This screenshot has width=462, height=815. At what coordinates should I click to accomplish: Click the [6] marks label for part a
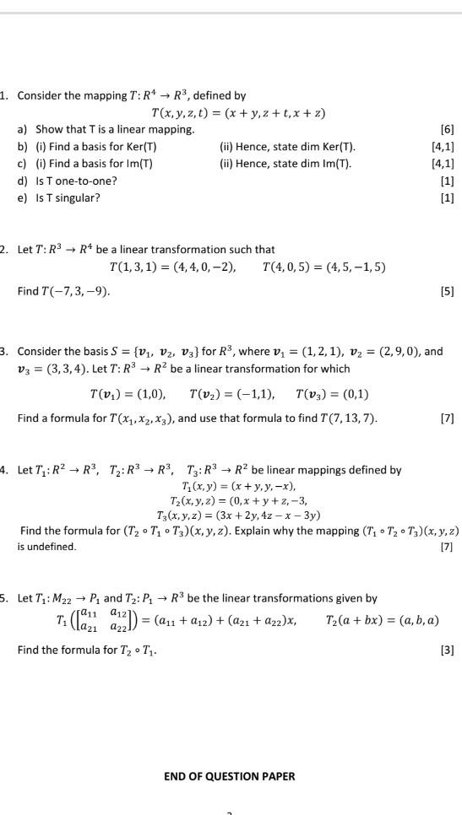coord(447,129)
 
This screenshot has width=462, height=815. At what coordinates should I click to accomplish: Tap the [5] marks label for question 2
coord(447,292)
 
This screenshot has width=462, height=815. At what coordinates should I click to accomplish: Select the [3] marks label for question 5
coord(447,651)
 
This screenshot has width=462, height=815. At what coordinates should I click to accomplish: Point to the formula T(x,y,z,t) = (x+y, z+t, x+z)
coord(238,113)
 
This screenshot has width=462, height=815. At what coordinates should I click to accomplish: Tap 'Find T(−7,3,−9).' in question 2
coord(63,292)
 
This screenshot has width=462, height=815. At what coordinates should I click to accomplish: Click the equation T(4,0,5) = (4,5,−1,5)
coord(324,267)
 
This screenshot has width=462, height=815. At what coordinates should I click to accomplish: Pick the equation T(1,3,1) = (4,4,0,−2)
coord(173,267)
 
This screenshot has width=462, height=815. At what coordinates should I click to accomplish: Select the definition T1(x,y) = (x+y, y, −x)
coord(239,486)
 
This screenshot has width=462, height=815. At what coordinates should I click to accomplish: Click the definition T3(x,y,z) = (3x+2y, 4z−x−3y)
coord(239,515)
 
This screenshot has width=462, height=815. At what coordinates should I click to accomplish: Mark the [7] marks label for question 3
coord(447,418)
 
